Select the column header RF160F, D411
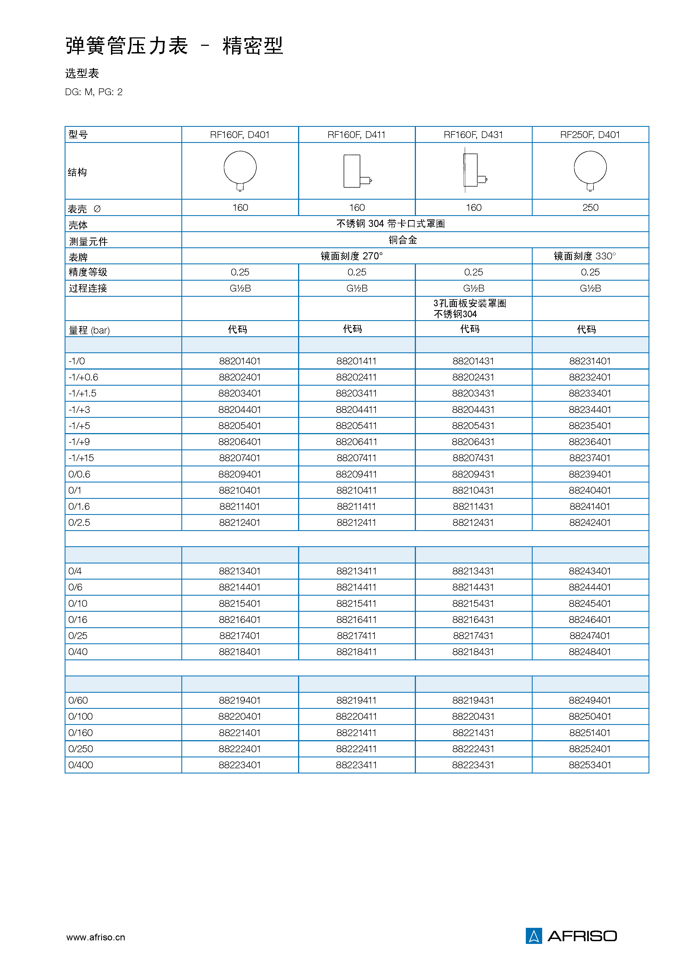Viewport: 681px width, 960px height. tap(356, 134)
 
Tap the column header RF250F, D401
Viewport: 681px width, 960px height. tap(590, 134)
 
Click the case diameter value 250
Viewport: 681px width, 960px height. tap(590, 208)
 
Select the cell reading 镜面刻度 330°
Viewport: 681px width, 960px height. tap(584, 256)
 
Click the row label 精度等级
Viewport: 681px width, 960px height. tap(88, 272)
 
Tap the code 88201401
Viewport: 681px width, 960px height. tap(240, 361)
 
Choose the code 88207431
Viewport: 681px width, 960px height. tap(473, 458)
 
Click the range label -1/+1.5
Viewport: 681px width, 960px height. tap(83, 393)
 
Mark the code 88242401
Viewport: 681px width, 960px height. tap(590, 522)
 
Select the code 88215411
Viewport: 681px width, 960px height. tap(356, 603)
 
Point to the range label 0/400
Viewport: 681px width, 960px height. tap(80, 765)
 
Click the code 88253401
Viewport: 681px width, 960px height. tap(590, 765)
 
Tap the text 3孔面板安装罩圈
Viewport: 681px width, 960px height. tap(470, 303)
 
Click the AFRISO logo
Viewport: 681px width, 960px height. tap(571, 936)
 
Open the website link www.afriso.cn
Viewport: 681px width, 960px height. tap(96, 937)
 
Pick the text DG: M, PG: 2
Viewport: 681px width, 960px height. tap(94, 92)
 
